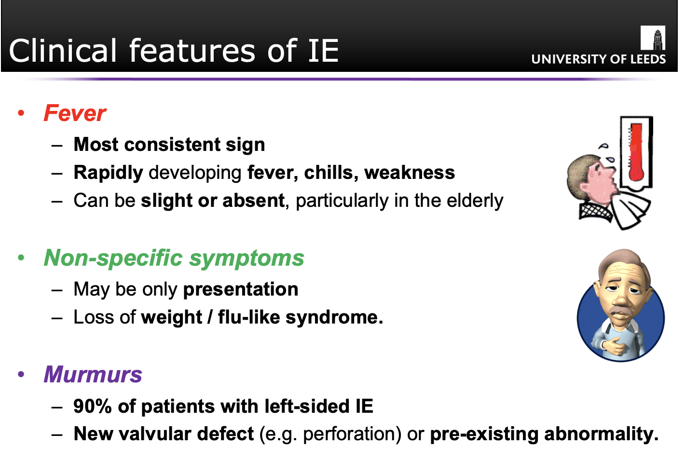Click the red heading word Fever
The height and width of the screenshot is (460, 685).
click(x=75, y=113)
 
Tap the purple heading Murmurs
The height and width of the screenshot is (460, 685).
click(x=93, y=374)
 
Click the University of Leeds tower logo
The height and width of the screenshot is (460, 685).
click(x=653, y=38)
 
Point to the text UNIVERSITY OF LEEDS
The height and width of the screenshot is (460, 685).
click(x=599, y=59)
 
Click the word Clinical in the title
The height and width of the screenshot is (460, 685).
click(x=63, y=51)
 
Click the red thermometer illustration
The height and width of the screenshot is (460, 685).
click(x=636, y=153)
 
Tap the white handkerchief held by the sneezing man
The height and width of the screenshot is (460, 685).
click(x=630, y=211)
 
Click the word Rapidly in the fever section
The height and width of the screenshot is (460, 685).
click(x=108, y=173)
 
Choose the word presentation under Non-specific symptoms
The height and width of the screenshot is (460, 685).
click(x=241, y=289)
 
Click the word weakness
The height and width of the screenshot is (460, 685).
click(x=410, y=173)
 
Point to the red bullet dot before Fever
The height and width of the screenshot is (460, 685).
click(x=21, y=113)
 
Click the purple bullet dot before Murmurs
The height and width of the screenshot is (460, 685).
click(x=21, y=374)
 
